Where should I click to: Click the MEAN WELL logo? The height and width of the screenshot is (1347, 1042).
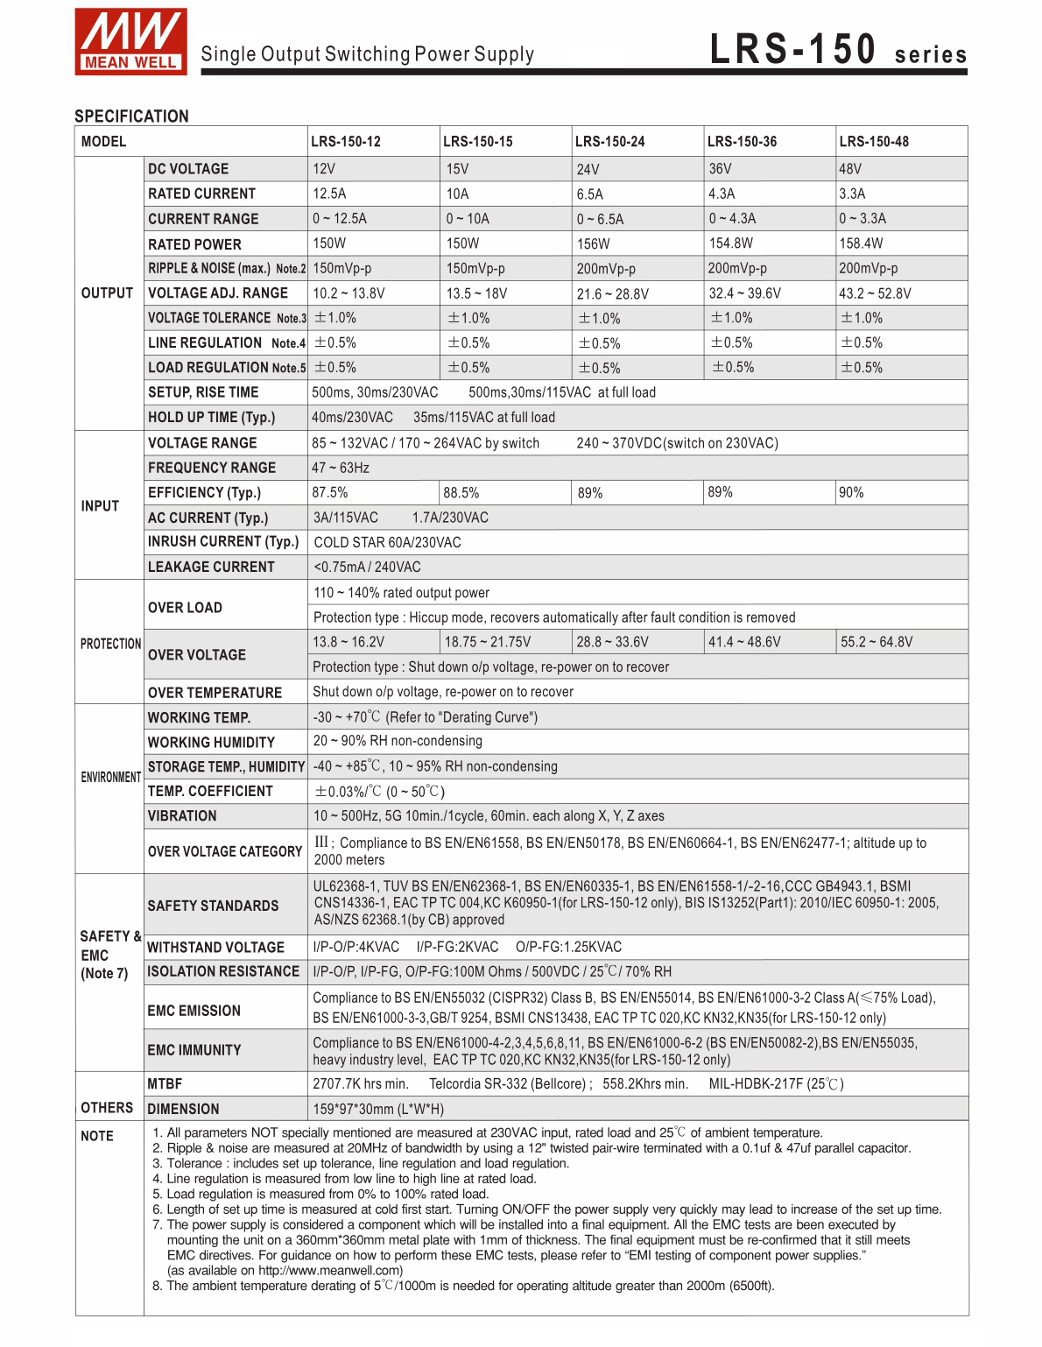pos(130,41)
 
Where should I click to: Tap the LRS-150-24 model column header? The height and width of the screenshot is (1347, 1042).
pos(609,142)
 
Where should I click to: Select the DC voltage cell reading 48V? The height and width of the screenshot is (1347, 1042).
pos(850,169)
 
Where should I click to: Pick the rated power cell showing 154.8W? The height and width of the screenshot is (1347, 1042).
pos(731,243)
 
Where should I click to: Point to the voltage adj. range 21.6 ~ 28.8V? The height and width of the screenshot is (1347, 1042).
pos(612,293)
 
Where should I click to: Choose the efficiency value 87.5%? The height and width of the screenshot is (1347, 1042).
pos(330,492)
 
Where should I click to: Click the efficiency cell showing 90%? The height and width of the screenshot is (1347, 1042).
pos(851,492)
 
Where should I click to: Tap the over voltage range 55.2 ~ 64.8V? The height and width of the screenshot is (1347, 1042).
pos(877,642)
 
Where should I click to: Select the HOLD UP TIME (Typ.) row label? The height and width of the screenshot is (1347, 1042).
pos(211,418)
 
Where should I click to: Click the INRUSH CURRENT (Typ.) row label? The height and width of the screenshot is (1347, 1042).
pos(223,542)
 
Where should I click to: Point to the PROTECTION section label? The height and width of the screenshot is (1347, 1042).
pos(110,644)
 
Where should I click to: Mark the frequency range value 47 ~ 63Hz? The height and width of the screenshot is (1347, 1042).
pos(341,468)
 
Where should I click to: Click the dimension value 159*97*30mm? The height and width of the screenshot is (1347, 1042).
pos(378,1109)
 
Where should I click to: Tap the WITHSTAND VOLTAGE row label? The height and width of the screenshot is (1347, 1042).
pos(215,947)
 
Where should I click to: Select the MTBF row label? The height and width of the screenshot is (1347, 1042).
pos(165,1084)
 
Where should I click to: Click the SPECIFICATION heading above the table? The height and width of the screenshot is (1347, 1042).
pos(131,116)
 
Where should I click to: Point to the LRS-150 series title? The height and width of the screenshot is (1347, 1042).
pos(838,50)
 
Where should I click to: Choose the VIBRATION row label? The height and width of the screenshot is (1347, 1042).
pos(182,815)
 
